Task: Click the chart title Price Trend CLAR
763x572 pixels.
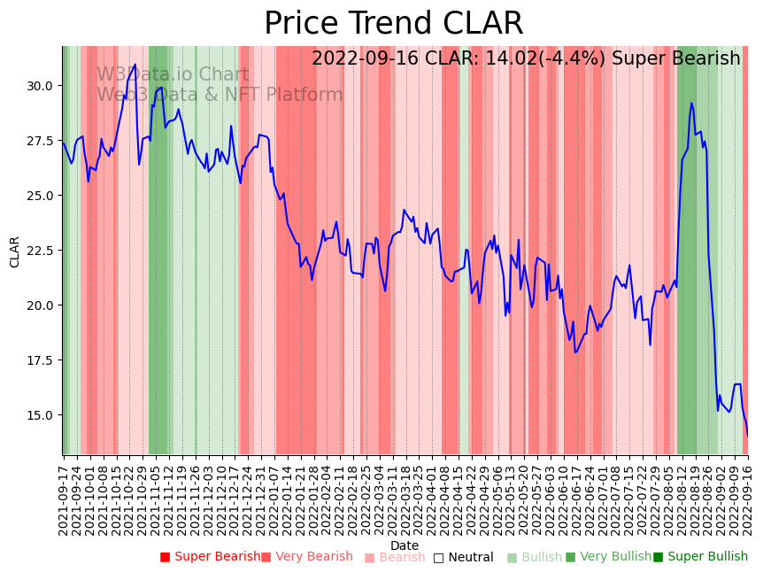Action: (393, 24)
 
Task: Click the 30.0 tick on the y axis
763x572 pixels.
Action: (41, 86)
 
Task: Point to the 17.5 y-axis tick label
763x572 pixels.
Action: (41, 360)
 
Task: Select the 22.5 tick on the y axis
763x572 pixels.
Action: (41, 251)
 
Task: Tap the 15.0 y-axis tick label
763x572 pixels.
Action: (41, 415)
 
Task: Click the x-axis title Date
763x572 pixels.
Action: (405, 545)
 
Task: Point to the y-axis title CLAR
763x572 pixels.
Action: (15, 251)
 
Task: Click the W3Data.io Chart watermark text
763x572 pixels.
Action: (173, 75)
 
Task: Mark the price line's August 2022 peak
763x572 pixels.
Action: (691, 104)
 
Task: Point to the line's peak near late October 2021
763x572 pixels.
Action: (135, 65)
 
